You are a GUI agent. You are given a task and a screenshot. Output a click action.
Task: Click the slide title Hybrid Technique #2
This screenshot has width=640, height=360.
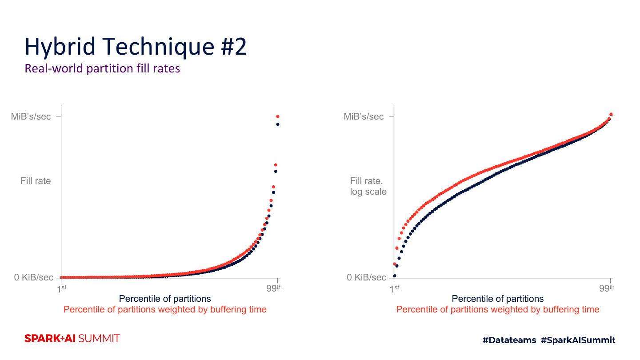click(136, 46)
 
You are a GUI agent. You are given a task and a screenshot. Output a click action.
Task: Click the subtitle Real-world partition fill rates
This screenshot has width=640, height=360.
click(102, 68)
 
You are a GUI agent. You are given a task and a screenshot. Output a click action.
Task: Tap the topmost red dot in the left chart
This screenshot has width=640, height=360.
click(278, 116)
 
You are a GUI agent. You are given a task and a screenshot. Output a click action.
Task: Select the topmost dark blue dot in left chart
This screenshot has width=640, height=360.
click(278, 124)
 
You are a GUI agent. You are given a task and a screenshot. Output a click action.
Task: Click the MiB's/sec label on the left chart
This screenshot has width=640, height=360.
click(31, 116)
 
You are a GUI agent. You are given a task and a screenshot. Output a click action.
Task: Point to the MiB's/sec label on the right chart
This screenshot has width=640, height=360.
click(364, 116)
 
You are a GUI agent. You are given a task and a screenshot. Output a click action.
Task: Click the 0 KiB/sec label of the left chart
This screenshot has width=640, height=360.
click(34, 277)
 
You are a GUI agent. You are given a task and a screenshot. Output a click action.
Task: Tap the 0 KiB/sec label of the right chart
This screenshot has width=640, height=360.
click(367, 277)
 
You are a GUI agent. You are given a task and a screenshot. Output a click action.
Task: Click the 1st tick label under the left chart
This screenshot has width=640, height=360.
click(62, 288)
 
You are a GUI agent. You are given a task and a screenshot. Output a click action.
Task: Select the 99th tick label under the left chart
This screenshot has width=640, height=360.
click(274, 288)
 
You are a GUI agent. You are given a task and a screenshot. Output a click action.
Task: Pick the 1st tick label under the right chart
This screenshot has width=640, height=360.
click(395, 288)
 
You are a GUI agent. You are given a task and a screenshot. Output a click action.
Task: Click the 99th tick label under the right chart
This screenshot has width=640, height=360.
click(607, 288)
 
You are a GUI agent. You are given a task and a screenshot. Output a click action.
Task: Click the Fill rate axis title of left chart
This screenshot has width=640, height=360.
click(36, 181)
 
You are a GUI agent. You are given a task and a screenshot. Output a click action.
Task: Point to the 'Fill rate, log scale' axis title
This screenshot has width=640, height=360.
click(368, 186)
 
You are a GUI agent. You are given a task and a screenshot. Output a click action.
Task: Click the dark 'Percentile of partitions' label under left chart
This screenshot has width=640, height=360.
click(165, 299)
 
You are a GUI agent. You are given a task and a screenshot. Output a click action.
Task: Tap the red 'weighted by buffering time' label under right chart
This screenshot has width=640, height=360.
click(498, 309)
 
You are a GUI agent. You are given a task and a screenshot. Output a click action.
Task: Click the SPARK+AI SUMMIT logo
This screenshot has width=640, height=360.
click(72, 339)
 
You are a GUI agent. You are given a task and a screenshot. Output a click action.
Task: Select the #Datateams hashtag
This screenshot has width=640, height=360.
click(509, 340)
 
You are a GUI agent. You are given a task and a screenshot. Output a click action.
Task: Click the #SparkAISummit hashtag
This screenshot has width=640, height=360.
click(578, 340)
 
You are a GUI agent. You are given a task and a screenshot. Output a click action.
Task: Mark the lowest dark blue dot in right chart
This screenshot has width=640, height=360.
click(394, 276)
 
